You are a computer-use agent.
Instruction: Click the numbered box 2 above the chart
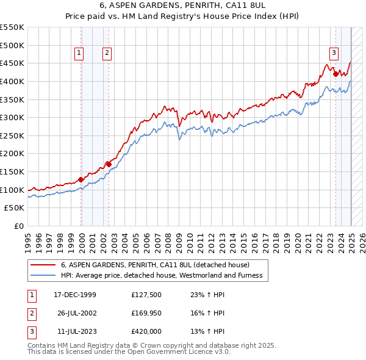click(107, 54)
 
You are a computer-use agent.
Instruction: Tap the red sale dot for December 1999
click(81, 179)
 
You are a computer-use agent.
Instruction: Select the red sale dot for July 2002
click(109, 164)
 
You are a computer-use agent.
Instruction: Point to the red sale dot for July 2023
click(335, 74)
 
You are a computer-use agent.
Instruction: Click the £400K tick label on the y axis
click(12, 81)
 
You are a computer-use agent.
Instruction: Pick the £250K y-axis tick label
click(12, 135)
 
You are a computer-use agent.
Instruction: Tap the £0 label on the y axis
click(19, 226)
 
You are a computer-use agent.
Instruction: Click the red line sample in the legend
click(43, 265)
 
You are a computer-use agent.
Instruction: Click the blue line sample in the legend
click(43, 275)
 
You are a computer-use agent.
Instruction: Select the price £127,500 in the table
click(146, 295)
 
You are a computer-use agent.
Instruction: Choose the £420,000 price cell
click(146, 331)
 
